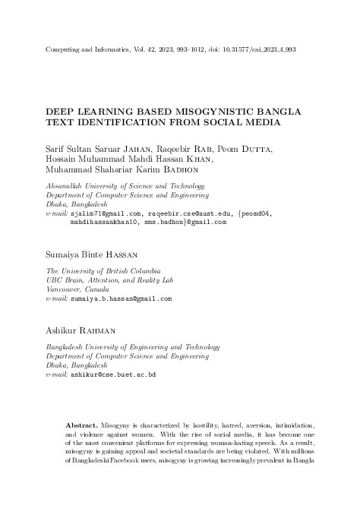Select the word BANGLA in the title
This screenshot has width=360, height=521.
click(275, 111)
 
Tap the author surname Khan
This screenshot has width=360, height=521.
click(197, 159)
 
